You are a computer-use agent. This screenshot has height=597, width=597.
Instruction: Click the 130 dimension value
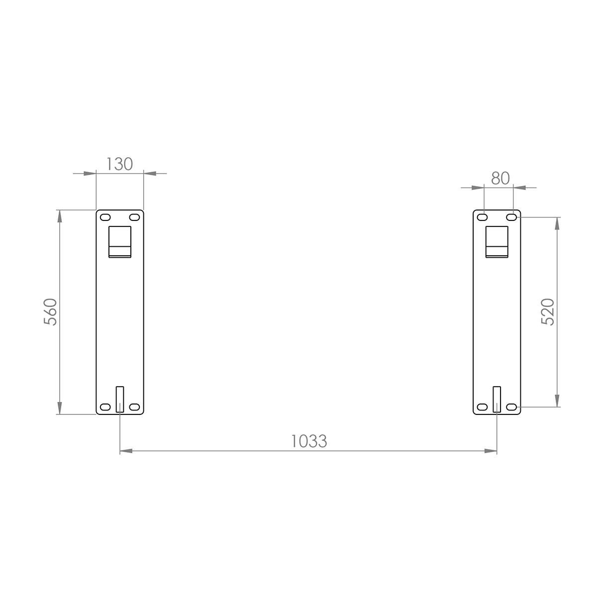coord(119,164)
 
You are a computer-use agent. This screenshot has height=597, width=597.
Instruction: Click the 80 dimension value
coord(500,178)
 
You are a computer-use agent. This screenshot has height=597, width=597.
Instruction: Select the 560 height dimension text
coord(51,312)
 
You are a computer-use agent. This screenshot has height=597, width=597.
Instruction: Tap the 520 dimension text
coord(547,312)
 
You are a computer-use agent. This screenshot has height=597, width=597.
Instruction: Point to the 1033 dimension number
coord(309,441)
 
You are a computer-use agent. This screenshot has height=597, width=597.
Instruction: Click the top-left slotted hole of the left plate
coord(105,217)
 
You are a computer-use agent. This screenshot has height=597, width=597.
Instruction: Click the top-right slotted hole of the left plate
coord(134,217)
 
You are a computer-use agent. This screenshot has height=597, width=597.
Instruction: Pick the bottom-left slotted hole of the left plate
coord(105,407)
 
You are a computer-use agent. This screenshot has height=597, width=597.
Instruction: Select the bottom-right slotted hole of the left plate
coord(134,407)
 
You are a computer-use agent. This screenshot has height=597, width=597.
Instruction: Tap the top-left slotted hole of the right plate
coord(482,217)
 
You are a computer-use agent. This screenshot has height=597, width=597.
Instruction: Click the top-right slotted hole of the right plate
coord(511,217)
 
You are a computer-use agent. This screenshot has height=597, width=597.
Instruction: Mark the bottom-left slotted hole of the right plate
coord(482,407)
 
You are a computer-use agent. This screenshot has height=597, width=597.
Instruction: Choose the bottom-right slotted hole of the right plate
coord(511,407)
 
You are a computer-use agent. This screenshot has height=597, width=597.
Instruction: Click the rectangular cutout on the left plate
coord(120,242)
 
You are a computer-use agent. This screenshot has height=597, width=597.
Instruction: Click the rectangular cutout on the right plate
coord(497,242)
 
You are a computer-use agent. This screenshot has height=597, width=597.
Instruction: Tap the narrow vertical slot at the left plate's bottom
coord(119,398)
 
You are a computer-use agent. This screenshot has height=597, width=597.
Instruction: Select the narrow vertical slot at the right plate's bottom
coord(497,398)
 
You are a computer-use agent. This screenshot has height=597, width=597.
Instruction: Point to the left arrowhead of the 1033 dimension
coord(126,451)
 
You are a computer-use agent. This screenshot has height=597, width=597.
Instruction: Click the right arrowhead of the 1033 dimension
coord(491,451)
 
